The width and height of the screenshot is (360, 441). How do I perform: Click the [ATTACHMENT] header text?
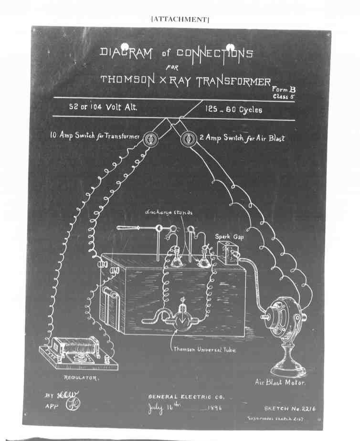[x=180, y=19]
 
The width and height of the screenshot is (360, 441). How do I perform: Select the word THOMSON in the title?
[x=127, y=80]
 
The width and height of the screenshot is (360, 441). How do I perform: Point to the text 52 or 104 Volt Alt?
[x=103, y=107]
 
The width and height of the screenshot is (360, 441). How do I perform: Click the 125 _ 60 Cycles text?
[x=233, y=109]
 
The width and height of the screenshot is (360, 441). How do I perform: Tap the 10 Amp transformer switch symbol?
[x=148, y=138]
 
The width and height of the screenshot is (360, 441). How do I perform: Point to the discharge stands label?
[x=169, y=212]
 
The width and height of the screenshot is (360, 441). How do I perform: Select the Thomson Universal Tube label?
[x=204, y=349]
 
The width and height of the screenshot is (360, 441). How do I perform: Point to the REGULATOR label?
[x=81, y=378]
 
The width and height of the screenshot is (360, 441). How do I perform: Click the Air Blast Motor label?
[x=280, y=382]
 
